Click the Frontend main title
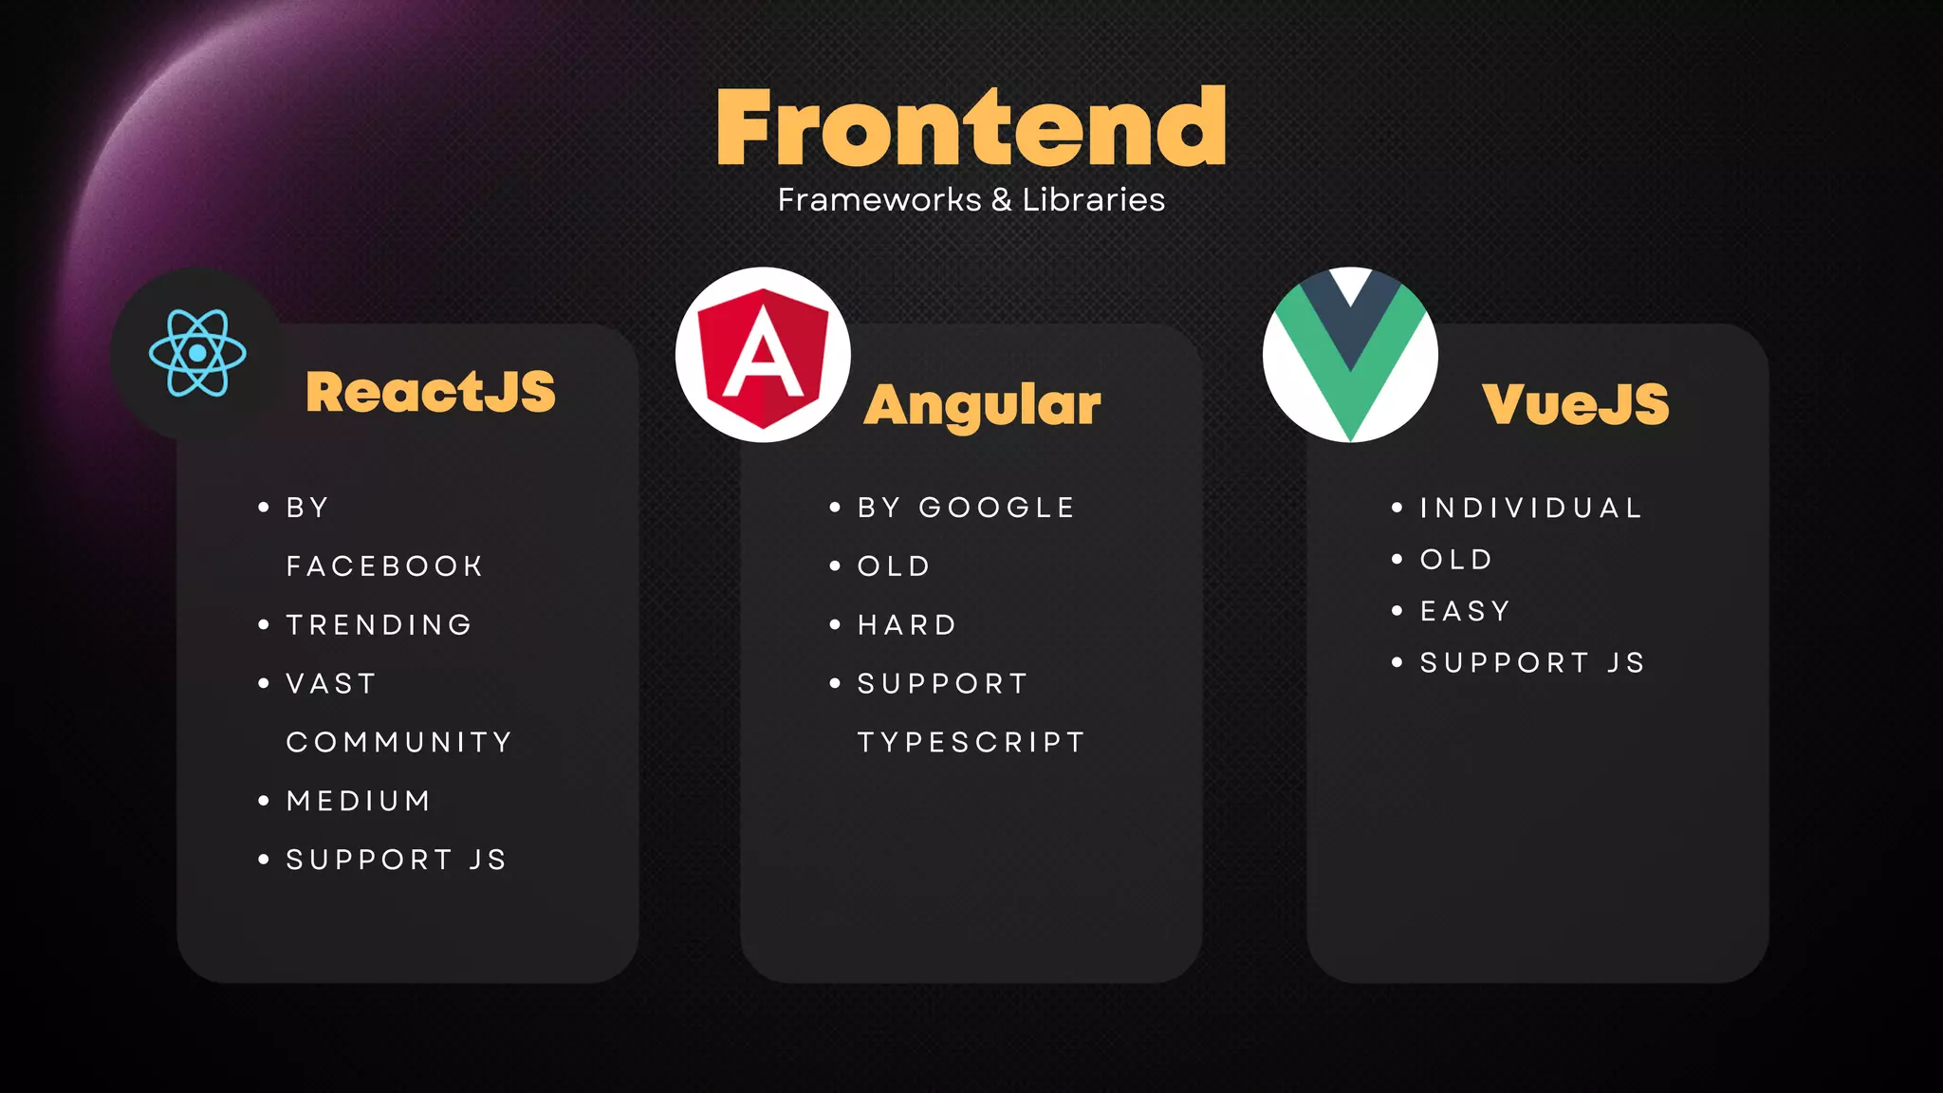pyautogui.click(x=971, y=127)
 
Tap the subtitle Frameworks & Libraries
pyautogui.click(x=971, y=200)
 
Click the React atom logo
pyautogui.click(x=197, y=353)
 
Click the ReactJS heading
pyautogui.click(x=431, y=392)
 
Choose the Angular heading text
pyautogui.click(x=982, y=405)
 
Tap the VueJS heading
pyautogui.click(x=1575, y=404)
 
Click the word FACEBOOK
pyautogui.click(x=384, y=566)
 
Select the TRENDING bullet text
pyautogui.click(x=379, y=625)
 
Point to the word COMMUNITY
pyautogui.click(x=399, y=742)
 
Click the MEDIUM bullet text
pyautogui.click(x=359, y=801)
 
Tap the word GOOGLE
pyautogui.click(x=996, y=508)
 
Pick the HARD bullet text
pyautogui.click(x=907, y=625)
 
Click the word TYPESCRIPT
pyautogui.click(x=971, y=742)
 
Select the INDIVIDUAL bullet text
pyautogui.click(x=1530, y=508)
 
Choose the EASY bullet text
pyautogui.click(x=1465, y=611)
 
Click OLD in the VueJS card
pyautogui.click(x=1456, y=560)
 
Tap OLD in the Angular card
pyautogui.click(x=894, y=566)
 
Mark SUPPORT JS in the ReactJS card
pyautogui.click(x=397, y=860)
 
